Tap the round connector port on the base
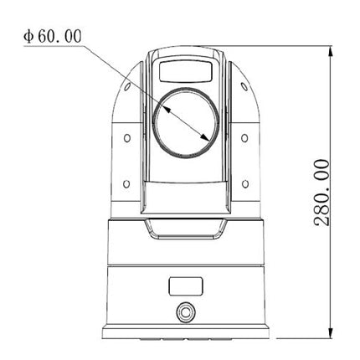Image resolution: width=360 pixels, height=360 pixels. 183,311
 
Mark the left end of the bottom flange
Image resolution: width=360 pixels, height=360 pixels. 100,329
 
